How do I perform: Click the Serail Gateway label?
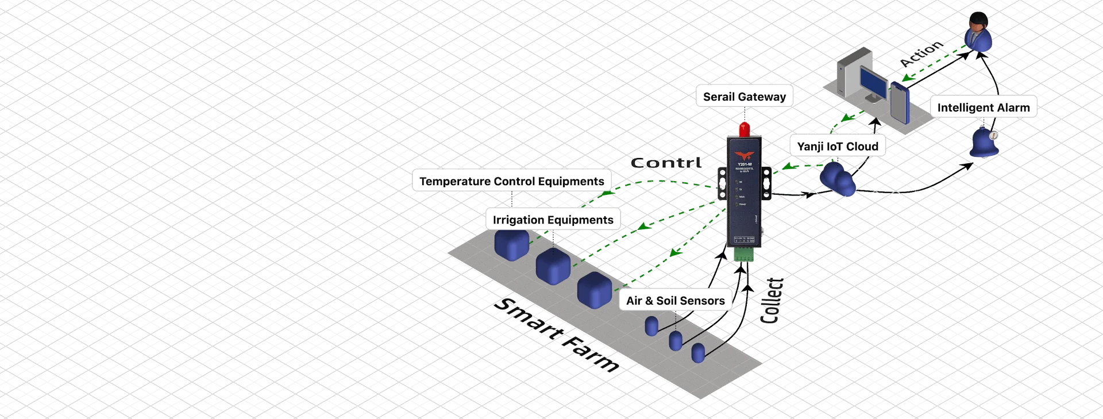tap(744, 97)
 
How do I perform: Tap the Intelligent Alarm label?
tap(983, 107)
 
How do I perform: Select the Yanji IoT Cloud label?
tap(837, 147)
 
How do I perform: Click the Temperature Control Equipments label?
tap(511, 182)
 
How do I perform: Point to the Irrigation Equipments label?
tap(553, 220)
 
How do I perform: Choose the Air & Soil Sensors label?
tap(675, 301)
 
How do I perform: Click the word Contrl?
tap(666, 163)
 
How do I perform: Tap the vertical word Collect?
tap(772, 300)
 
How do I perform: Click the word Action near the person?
tap(921, 53)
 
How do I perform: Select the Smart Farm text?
tap(556, 335)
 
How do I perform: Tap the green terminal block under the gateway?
tap(744, 254)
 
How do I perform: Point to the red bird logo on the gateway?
tap(744, 155)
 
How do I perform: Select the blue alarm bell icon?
tap(985, 143)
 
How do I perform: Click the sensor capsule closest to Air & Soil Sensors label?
tap(651, 326)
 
